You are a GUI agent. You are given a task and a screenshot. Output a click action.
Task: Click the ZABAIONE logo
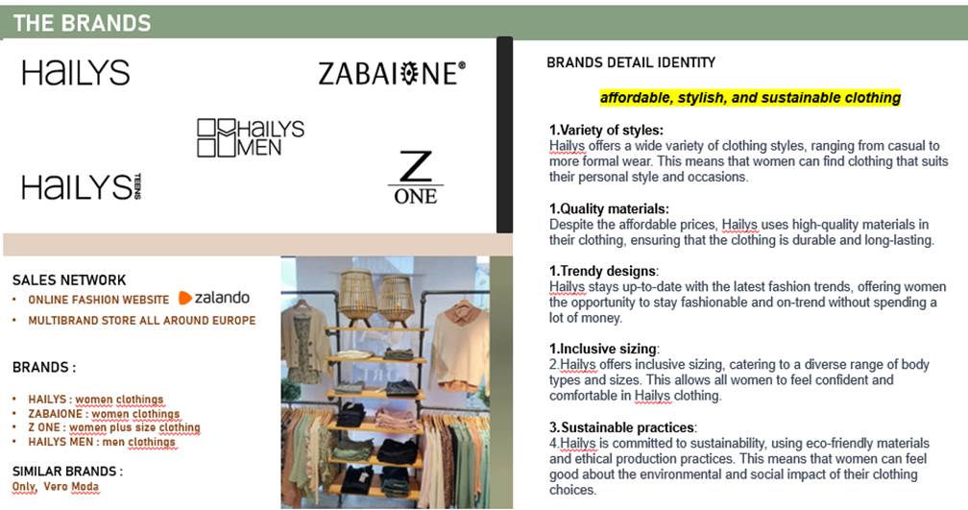tap(392, 73)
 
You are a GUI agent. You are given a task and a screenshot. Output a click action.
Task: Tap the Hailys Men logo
tap(251, 137)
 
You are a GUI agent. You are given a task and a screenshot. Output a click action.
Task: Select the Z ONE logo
tap(416, 177)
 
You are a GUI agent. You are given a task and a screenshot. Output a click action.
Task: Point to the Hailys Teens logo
tap(82, 186)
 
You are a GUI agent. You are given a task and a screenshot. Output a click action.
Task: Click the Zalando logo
tap(214, 298)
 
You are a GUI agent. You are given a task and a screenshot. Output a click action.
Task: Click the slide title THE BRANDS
tap(83, 23)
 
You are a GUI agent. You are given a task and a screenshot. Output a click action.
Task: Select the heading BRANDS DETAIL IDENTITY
tap(631, 62)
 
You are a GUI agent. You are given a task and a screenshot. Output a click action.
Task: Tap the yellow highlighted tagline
tap(750, 98)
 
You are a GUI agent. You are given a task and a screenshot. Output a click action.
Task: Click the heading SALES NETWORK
tap(69, 280)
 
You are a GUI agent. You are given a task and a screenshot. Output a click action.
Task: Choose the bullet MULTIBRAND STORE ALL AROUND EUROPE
tap(141, 321)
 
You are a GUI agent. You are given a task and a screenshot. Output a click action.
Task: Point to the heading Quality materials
tap(609, 208)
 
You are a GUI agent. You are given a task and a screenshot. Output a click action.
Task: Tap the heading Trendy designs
tap(603, 271)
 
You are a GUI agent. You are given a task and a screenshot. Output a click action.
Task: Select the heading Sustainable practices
tap(623, 427)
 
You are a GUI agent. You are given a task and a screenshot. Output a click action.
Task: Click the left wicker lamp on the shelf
tap(356, 297)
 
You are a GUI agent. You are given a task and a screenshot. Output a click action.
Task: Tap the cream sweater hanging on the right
tap(460, 345)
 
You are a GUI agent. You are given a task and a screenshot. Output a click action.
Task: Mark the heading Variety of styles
tap(606, 131)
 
